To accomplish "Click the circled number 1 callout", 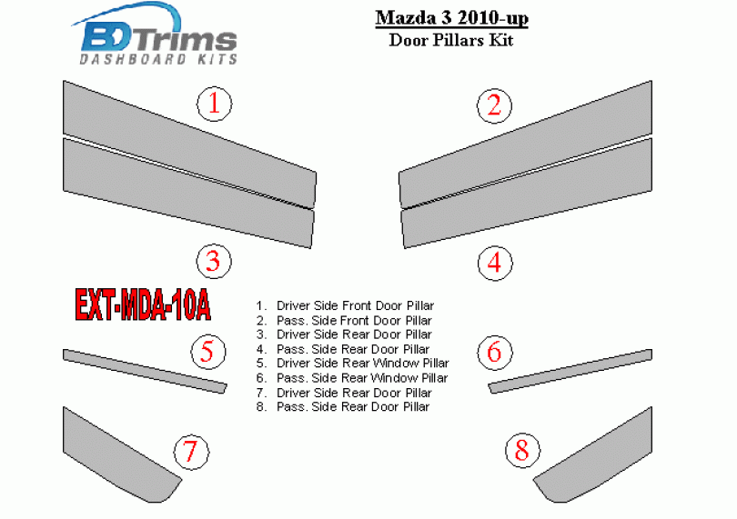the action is click(214, 104).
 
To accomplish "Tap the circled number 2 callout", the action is click(494, 105).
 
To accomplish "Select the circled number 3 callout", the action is click(214, 261).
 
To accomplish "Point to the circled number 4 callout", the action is click(494, 263).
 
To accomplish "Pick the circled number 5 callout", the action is click(208, 352).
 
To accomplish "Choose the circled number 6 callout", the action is click(494, 353).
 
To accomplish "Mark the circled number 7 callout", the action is click(191, 452).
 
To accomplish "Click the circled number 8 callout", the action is click(522, 450).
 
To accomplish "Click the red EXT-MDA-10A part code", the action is click(143, 304).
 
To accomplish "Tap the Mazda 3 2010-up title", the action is click(451, 18).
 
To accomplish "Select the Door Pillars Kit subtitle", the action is click(451, 40).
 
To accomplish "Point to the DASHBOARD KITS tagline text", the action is click(158, 59).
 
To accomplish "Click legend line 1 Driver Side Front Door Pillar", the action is click(345, 305).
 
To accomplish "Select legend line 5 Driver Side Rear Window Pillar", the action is click(352, 364).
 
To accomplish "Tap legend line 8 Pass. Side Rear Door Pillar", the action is click(343, 406).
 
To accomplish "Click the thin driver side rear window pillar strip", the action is click(145, 371).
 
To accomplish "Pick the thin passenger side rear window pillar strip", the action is click(570, 371).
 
